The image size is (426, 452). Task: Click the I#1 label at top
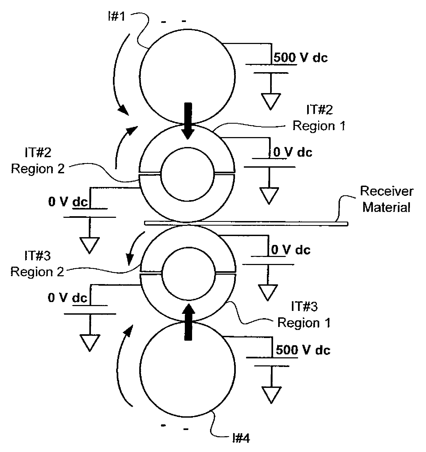tap(117, 17)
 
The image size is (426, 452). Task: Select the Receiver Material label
tap(386, 199)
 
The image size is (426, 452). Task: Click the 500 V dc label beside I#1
tap(300, 57)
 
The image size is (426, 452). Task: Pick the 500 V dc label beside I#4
tap(303, 350)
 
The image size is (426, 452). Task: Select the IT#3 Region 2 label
tap(37, 264)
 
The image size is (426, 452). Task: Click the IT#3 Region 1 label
tap(304, 314)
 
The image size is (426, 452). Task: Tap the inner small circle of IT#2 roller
tap(188, 174)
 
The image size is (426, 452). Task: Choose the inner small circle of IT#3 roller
tap(189, 273)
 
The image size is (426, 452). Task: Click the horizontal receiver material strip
tap(246, 223)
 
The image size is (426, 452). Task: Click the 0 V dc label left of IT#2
tap(68, 202)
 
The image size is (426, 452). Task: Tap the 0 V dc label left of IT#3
tap(67, 297)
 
